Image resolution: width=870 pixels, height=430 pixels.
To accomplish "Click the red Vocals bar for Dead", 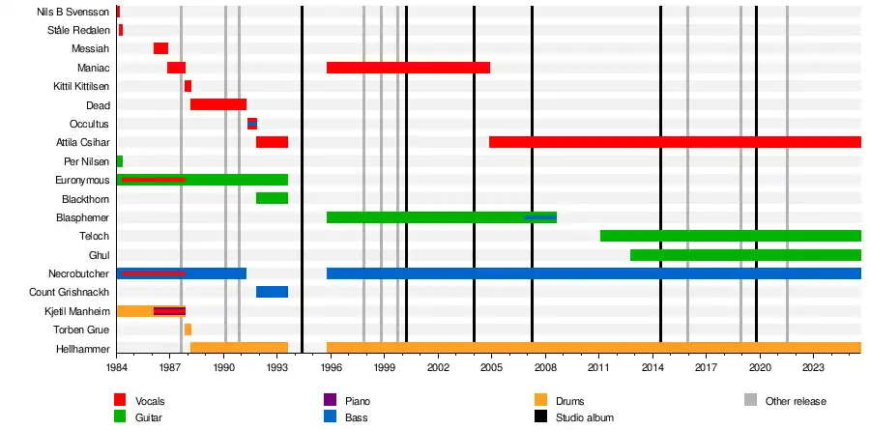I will (x=218, y=104).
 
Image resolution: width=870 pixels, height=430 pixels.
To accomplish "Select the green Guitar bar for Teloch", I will (x=730, y=236).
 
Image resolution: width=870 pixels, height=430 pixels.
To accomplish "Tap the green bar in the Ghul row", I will (x=745, y=255).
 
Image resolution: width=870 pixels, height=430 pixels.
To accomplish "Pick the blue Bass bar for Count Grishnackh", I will (x=272, y=292).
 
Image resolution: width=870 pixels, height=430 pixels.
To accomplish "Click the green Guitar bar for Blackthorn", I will (x=272, y=198).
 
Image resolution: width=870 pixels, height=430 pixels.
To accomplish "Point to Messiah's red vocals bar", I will (x=160, y=48).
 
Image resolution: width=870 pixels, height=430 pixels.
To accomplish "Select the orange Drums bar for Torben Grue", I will (x=188, y=330).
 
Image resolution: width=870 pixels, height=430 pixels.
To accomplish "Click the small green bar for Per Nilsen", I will (x=119, y=161).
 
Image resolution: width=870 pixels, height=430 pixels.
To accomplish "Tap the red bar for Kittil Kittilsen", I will (x=188, y=86).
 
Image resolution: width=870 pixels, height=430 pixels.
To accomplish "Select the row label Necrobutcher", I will (x=79, y=273).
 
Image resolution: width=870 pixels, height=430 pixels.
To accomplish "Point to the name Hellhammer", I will (x=83, y=348).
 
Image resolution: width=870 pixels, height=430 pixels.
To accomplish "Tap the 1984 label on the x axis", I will (x=117, y=368).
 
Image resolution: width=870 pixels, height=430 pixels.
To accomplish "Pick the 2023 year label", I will (x=813, y=368).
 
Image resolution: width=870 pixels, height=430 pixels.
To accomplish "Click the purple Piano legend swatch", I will (x=330, y=400).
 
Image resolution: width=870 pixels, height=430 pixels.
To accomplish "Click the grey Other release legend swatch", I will (x=750, y=400).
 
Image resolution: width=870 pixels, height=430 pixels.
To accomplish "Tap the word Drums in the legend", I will (x=569, y=401).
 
